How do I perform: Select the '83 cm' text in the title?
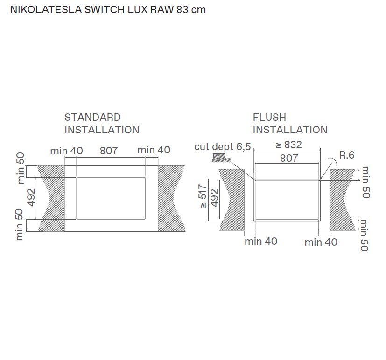191,10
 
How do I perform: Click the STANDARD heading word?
92,118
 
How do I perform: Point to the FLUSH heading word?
269,118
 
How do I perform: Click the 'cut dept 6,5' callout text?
223,147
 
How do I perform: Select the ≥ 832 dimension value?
288,145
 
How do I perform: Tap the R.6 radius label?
346,155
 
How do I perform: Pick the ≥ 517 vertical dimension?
203,197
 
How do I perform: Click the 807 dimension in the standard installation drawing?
108,151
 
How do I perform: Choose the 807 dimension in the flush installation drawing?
289,158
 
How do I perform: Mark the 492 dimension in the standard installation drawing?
31,197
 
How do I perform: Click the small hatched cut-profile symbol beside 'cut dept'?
221,159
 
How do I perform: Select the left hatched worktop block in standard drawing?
50,198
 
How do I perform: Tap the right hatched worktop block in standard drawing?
171,198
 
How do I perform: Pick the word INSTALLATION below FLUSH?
290,130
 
